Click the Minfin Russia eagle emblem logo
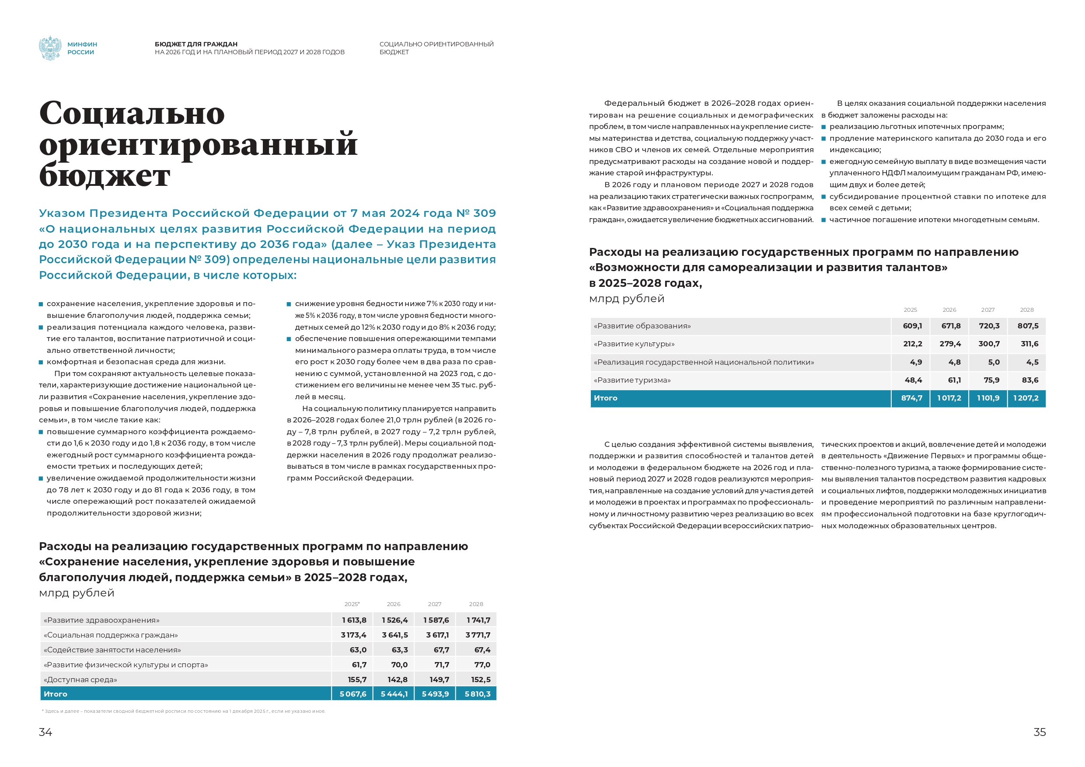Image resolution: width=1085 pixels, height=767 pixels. point(49,48)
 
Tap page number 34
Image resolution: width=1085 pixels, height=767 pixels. point(45,732)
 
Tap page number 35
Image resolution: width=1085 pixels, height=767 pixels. point(1040,732)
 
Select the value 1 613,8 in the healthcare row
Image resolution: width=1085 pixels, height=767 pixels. point(354,620)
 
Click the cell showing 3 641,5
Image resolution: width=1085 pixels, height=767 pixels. point(394,635)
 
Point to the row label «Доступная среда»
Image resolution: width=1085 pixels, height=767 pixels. point(80,680)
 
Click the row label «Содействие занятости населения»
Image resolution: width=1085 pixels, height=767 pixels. point(112,650)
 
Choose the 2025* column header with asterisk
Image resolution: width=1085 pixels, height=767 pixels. point(352,604)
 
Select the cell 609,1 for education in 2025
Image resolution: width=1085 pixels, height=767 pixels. point(912,326)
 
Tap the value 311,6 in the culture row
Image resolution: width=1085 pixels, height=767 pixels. point(1029,344)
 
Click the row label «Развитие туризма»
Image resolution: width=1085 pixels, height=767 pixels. point(632,380)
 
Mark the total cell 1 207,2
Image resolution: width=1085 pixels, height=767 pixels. point(1026,398)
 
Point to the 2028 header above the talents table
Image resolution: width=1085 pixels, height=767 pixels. point(1027,310)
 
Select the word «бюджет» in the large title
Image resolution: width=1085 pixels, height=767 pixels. point(105,176)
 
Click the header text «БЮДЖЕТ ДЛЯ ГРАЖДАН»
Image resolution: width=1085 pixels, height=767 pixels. point(196,44)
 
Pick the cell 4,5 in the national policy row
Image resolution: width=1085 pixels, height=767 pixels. point(1032,362)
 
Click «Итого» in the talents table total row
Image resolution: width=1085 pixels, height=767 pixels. point(605,398)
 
